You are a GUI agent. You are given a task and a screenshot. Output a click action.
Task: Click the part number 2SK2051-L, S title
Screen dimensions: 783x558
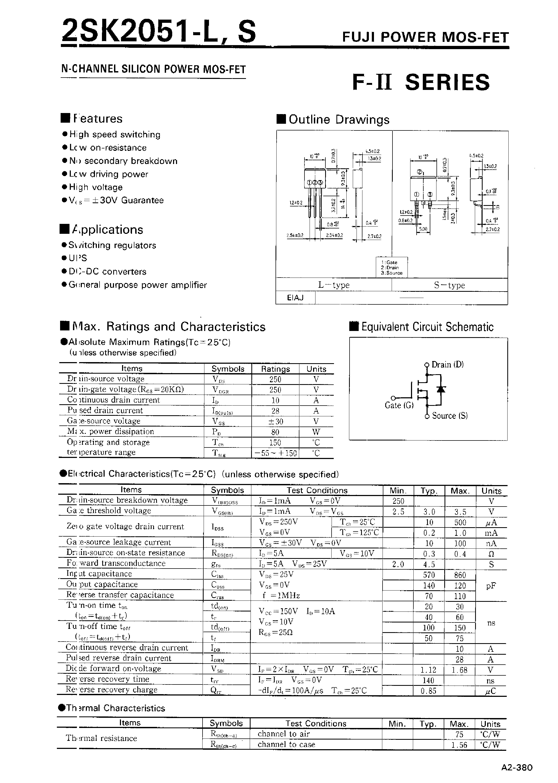tap(159, 32)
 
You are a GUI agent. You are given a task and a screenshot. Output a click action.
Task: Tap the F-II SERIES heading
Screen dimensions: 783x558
tap(421, 82)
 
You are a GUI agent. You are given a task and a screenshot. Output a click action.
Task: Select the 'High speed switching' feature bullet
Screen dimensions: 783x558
tap(115, 134)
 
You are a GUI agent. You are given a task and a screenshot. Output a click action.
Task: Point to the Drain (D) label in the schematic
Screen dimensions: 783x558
tap(447, 365)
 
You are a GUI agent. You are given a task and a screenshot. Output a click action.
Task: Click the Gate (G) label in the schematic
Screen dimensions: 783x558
tap(399, 406)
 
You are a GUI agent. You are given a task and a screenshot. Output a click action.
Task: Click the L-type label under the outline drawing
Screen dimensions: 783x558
tap(334, 285)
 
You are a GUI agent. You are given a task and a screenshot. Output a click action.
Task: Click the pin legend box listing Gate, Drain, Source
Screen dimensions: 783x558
tap(392, 267)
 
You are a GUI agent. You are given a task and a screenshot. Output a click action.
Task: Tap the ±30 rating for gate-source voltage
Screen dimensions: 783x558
tap(275, 421)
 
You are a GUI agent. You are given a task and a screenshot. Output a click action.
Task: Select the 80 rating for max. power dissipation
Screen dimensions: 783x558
tap(275, 432)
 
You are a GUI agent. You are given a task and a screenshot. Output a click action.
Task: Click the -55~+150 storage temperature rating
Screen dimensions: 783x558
tap(275, 453)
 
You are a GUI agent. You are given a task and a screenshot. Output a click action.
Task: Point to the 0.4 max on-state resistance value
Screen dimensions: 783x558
tap(460, 554)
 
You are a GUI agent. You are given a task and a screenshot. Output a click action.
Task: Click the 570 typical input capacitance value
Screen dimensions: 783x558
tap(429, 575)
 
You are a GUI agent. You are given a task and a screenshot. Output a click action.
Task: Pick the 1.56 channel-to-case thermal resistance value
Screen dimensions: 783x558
tap(459, 745)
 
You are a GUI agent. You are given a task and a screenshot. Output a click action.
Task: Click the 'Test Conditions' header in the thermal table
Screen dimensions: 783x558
tap(316, 723)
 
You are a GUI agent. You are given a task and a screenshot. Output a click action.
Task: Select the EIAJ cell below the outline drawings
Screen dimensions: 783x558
tap(295, 298)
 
